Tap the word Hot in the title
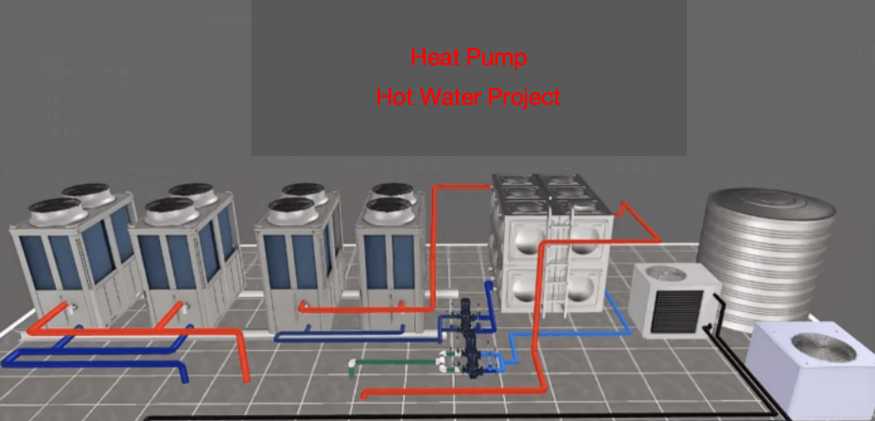(395, 97)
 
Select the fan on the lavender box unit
(824, 347)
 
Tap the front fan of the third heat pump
(292, 210)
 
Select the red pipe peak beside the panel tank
(624, 204)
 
